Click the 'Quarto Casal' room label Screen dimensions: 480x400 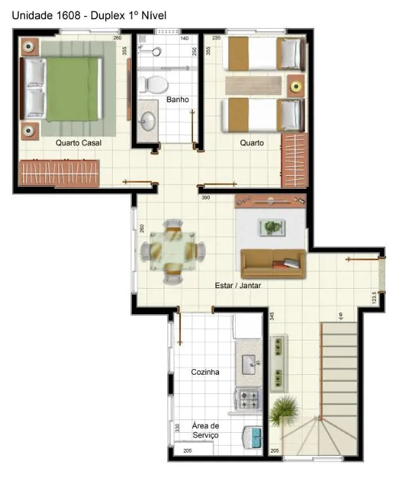[78, 143]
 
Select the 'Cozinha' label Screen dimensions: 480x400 [205, 372]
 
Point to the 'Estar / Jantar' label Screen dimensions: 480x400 [238, 286]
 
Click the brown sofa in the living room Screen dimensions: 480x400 [273, 263]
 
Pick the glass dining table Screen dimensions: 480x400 [173, 251]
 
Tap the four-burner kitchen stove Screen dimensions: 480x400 [248, 399]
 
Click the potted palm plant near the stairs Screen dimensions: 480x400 [284, 411]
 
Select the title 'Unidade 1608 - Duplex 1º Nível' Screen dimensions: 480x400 [89, 15]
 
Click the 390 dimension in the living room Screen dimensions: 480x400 [206, 198]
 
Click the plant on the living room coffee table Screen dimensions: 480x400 [273, 226]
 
